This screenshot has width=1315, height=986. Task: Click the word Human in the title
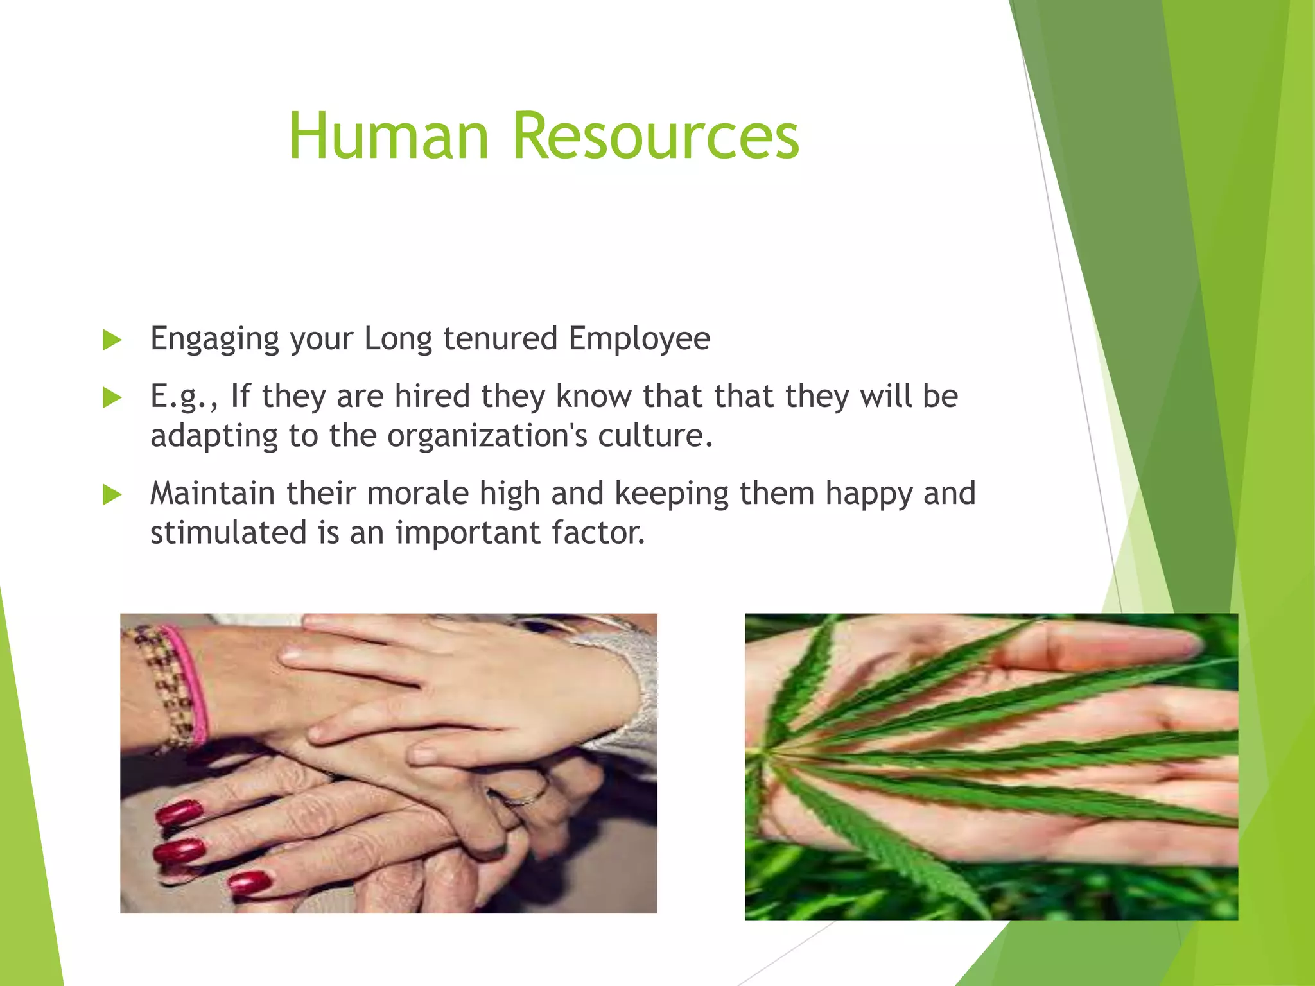click(389, 136)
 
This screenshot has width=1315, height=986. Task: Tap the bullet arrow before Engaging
click(112, 340)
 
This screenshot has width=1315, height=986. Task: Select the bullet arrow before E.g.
click(112, 397)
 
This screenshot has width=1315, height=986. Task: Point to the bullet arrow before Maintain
click(112, 494)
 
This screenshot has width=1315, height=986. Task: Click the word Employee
click(639, 339)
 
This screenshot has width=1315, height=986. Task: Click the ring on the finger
click(528, 798)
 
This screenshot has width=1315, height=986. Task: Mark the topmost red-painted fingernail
click(179, 813)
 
